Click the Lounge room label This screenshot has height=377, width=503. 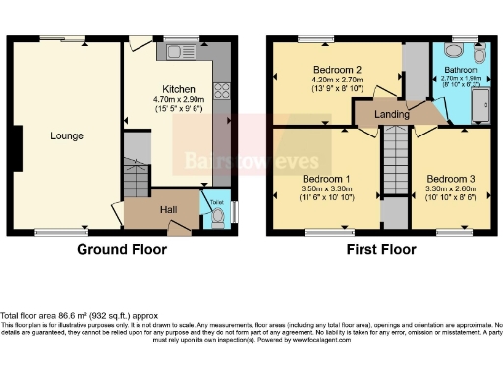[67, 135]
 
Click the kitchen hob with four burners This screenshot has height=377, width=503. [222, 88]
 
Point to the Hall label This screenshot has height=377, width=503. [168, 209]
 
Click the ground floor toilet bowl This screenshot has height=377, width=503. [217, 214]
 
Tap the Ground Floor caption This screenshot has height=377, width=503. [122, 250]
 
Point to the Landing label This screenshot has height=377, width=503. [393, 114]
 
